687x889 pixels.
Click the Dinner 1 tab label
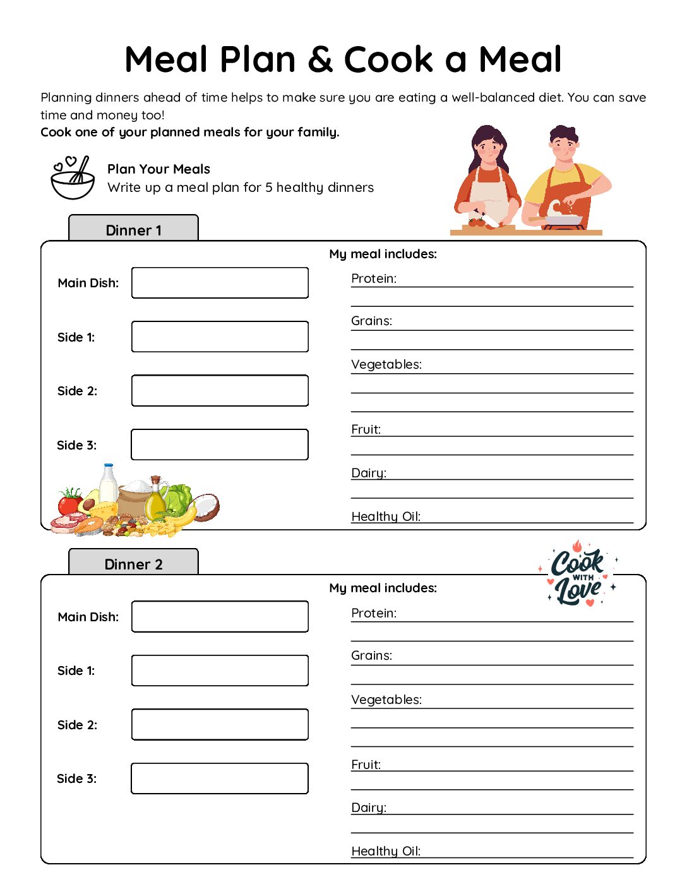click(x=133, y=230)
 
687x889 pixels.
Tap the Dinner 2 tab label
click(x=133, y=564)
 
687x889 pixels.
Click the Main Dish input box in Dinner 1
click(x=220, y=283)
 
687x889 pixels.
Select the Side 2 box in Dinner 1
click(x=220, y=391)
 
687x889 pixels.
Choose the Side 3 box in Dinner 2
click(x=220, y=779)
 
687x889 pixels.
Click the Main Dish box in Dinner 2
click(x=220, y=617)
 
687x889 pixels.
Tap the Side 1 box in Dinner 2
click(x=220, y=671)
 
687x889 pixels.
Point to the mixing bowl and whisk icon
click(x=73, y=178)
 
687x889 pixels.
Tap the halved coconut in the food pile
click(x=206, y=507)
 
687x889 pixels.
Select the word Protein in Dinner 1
click(x=374, y=278)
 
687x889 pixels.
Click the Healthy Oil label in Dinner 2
click(x=386, y=851)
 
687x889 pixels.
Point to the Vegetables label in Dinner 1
click(x=386, y=364)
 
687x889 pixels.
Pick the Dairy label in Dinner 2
click(x=369, y=808)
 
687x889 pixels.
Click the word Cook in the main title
click(x=388, y=59)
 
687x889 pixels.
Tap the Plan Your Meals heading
click(x=158, y=169)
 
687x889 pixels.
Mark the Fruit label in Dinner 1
click(x=366, y=429)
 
